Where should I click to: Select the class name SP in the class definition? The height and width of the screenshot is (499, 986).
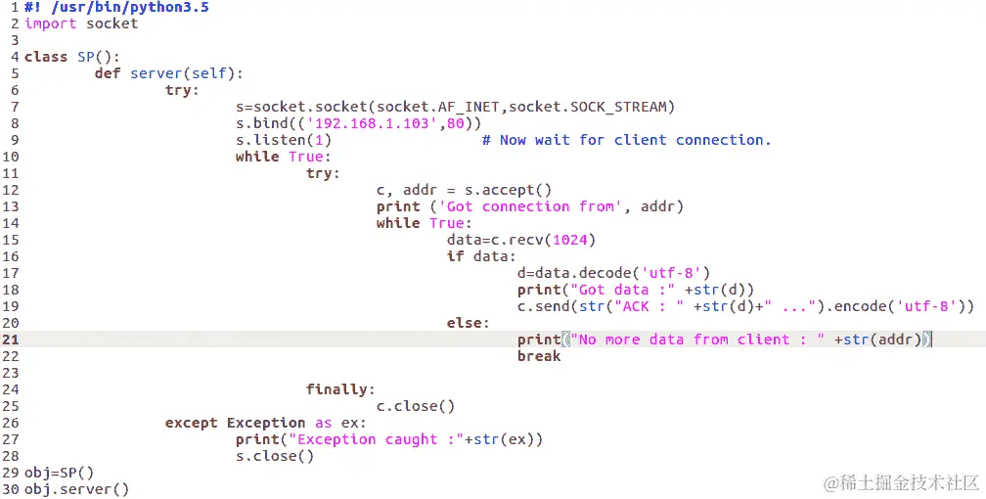point(85,57)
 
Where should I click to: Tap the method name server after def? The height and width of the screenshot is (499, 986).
point(156,73)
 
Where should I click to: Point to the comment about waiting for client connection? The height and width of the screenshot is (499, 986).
point(626,140)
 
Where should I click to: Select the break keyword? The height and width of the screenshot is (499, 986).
point(539,356)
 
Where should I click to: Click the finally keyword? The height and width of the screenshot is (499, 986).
point(340,389)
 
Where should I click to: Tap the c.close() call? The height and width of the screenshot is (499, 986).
point(416,406)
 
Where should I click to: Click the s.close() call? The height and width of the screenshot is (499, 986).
point(275,456)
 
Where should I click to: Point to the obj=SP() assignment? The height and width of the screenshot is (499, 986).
point(59,473)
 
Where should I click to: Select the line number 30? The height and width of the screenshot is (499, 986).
point(11,489)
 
